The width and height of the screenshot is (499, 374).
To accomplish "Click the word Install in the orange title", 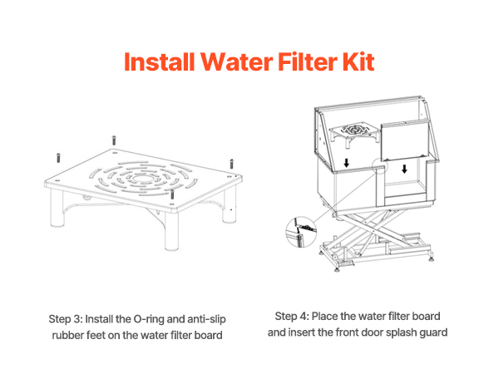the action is (159, 62).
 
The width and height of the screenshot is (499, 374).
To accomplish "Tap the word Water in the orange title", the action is (236, 62).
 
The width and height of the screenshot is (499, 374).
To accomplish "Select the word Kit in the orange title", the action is (358, 62).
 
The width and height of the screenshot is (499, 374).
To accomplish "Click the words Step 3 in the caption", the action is (65, 319).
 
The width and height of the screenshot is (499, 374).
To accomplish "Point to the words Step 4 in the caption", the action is (292, 317).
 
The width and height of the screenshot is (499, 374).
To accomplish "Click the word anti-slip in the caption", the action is (206, 319).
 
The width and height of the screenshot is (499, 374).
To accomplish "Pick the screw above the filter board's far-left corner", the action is (58, 158).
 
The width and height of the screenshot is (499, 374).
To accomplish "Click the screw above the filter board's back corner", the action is (114, 140).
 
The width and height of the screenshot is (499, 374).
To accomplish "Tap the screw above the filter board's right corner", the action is (232, 164).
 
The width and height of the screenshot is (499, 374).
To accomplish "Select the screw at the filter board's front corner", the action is (172, 194).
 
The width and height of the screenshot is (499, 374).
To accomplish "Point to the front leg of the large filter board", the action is (171, 230).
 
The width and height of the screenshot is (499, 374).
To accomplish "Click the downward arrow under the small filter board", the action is (346, 163).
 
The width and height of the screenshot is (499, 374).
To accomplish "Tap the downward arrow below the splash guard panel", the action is (404, 169).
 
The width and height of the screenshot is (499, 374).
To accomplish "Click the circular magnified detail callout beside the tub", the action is (301, 232).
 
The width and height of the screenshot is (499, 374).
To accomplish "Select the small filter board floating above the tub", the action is (354, 133).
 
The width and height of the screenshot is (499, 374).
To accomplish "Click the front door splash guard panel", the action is (406, 140).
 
